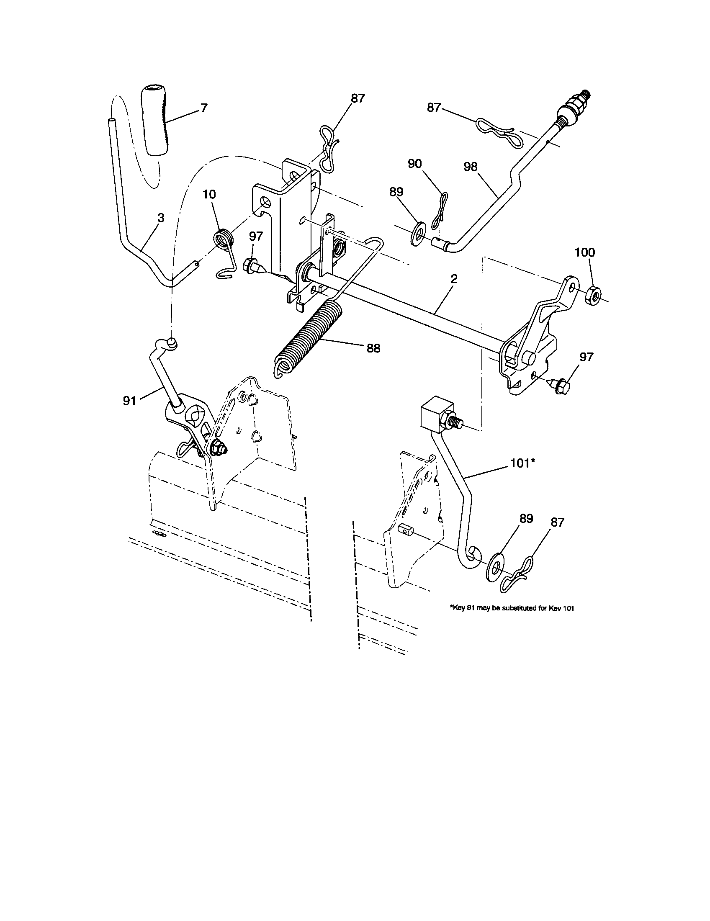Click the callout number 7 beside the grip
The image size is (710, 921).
pyautogui.click(x=203, y=108)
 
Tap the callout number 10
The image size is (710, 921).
pyautogui.click(x=209, y=194)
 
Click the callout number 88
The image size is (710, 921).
pyautogui.click(x=373, y=348)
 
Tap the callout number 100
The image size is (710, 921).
pyautogui.click(x=585, y=252)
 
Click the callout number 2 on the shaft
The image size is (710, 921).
pyautogui.click(x=453, y=279)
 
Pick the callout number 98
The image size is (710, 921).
pyautogui.click(x=471, y=167)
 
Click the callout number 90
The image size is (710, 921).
pyautogui.click(x=415, y=164)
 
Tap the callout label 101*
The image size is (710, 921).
pyautogui.click(x=522, y=463)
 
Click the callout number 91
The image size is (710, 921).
pyautogui.click(x=129, y=401)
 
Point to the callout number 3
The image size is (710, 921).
pyautogui.click(x=161, y=218)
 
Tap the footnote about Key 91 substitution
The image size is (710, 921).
pyautogui.click(x=512, y=608)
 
